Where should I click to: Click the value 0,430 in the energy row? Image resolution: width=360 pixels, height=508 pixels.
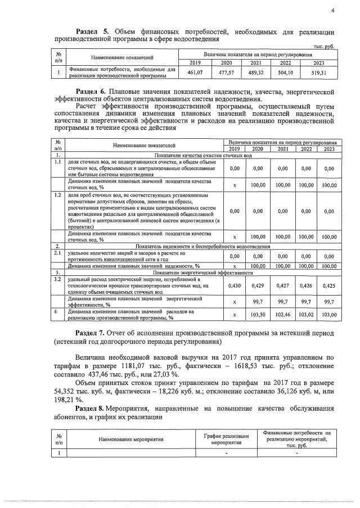point(235,285)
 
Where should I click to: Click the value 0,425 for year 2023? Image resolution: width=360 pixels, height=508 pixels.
point(329,285)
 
